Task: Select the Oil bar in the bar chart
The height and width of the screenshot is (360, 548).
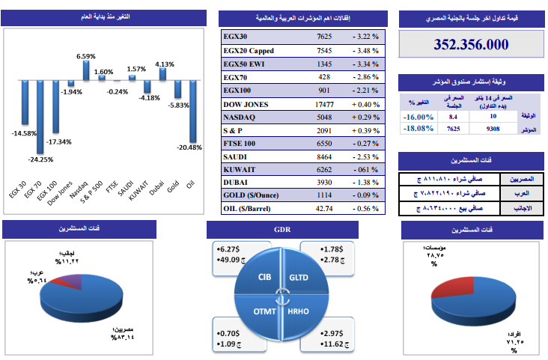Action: (193, 111)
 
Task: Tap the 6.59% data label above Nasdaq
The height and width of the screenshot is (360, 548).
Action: (86, 56)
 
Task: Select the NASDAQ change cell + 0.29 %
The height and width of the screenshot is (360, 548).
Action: (365, 117)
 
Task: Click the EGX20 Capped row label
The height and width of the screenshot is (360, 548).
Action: (249, 50)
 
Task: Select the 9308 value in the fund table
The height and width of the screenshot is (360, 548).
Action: (513, 129)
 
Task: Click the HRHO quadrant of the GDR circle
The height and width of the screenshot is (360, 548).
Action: (297, 311)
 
